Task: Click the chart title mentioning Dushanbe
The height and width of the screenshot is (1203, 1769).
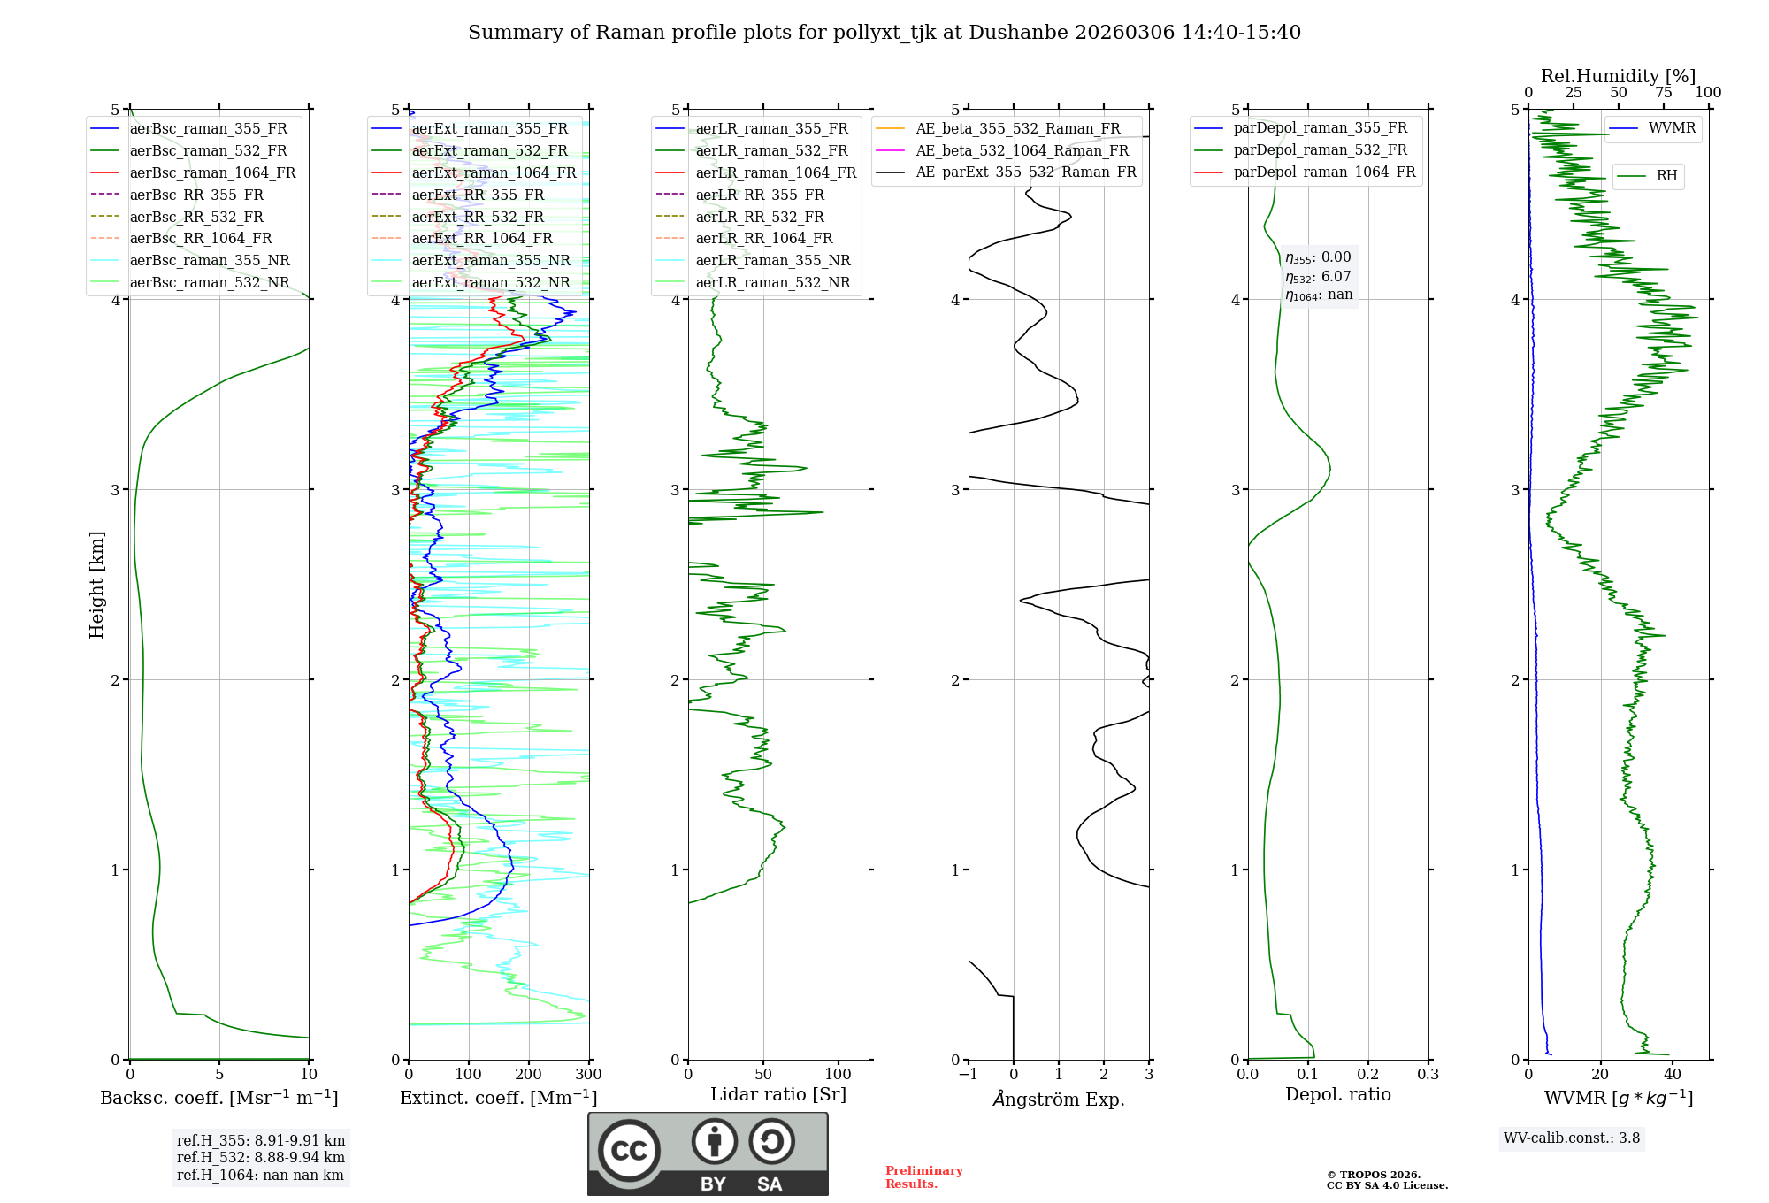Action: [x=884, y=33]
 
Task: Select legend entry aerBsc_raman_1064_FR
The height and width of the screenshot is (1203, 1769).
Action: [x=212, y=173]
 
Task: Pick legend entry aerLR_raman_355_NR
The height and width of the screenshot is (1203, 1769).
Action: [x=772, y=261]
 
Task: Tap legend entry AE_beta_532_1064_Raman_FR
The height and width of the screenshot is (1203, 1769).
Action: [x=1022, y=151]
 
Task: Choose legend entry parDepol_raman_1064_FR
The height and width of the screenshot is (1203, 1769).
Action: [x=1324, y=172]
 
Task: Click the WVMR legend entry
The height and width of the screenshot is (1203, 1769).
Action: [x=1671, y=129]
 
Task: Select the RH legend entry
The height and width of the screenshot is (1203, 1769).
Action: [x=1666, y=176]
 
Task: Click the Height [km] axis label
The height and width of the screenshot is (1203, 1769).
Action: [x=96, y=585]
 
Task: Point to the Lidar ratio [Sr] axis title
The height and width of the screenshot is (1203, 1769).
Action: [x=778, y=1095]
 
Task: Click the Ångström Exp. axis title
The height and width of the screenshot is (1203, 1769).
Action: [x=1059, y=1100]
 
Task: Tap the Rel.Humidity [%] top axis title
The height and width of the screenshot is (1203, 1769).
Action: [x=1618, y=76]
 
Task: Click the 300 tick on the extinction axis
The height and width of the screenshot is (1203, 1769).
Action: [x=588, y=1075]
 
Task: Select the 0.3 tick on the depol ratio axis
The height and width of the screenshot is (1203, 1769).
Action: [x=1428, y=1075]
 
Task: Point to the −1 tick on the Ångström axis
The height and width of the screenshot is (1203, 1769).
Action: [x=968, y=1075]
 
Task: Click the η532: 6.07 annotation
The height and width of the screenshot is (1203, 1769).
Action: [x=1318, y=277]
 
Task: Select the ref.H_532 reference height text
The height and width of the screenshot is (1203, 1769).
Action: [x=261, y=1158]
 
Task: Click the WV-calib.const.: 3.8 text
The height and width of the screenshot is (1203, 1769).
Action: [x=1572, y=1138]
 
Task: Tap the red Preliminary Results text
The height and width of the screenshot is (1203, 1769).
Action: [x=923, y=1177]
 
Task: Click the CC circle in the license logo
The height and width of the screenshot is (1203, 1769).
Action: [x=629, y=1151]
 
